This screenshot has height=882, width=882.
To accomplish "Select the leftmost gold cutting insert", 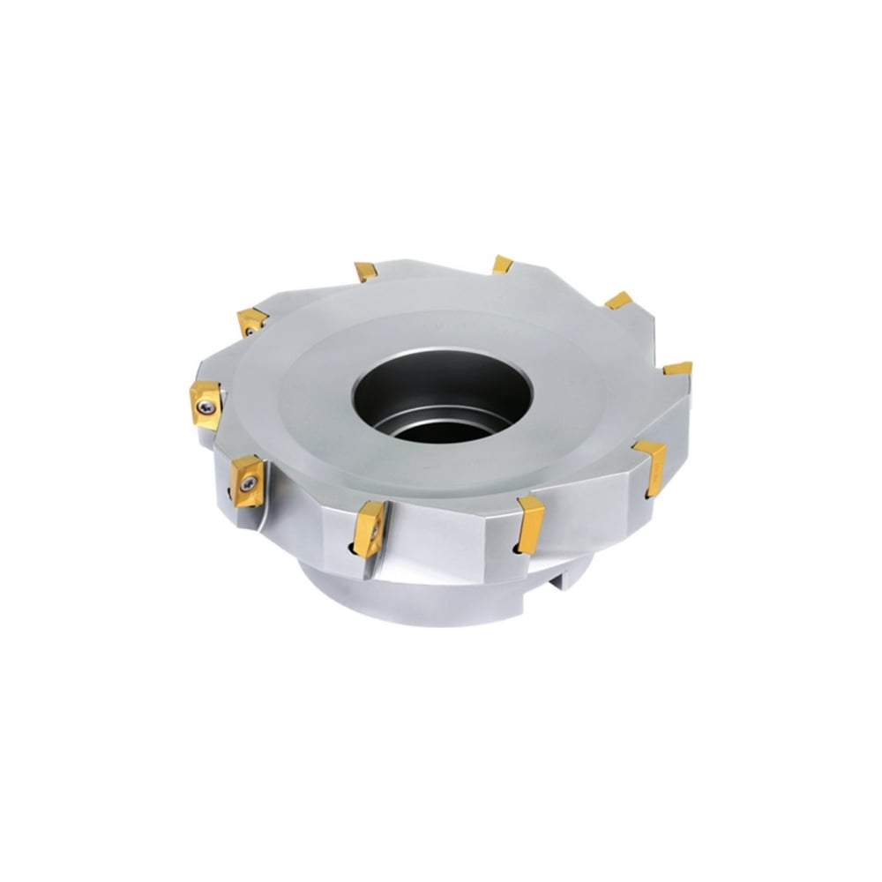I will click(x=206, y=404).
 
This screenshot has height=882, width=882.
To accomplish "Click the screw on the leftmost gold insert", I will click(x=206, y=405).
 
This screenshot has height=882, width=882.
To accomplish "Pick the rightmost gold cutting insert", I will click(x=678, y=369).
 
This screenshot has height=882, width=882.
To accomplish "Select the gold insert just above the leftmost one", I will click(x=251, y=319).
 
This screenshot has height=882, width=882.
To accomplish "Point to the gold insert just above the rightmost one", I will click(x=619, y=300).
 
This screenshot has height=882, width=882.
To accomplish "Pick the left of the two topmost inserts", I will click(x=365, y=270).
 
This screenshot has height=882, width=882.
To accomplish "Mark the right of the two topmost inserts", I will click(x=502, y=264).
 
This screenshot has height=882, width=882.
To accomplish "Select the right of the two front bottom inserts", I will click(x=532, y=522).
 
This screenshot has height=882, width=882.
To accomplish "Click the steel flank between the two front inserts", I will click(x=450, y=538).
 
